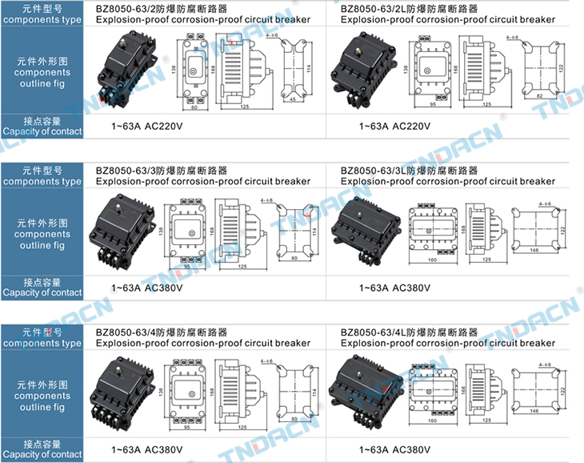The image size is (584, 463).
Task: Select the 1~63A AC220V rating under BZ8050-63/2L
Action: pyautogui.click(x=394, y=127)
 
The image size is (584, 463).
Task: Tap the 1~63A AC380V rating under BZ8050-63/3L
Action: pyautogui.click(x=394, y=288)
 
